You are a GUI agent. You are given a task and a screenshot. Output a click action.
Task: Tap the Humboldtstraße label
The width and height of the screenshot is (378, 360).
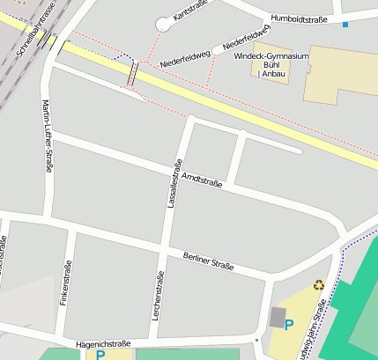(x=300, y=18)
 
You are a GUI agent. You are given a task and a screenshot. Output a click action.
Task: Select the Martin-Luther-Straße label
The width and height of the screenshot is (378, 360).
(x=47, y=136)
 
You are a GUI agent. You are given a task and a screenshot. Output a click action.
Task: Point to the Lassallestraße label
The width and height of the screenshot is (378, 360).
(x=173, y=183)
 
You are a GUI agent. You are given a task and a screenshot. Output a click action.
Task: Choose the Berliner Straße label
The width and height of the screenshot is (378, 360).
(x=208, y=261)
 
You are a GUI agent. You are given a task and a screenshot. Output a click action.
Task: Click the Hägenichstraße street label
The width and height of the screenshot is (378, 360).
(x=104, y=344)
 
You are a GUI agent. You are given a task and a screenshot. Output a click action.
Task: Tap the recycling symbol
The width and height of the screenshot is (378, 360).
(x=318, y=285)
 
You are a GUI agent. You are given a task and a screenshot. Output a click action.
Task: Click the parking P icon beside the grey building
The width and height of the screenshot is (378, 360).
(x=288, y=326)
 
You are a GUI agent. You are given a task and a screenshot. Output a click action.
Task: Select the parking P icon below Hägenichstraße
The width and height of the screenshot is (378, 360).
(x=100, y=355)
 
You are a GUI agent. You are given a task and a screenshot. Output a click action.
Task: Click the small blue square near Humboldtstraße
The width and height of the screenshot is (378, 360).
(x=345, y=24)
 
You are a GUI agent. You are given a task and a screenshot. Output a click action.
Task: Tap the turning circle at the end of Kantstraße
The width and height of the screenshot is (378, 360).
(x=163, y=24)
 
